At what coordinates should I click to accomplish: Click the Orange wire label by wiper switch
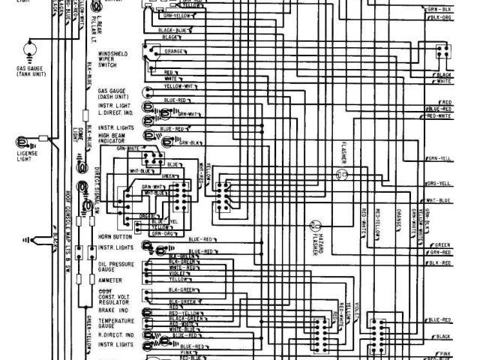[x=174, y=52]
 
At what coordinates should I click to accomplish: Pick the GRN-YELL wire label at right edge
[x=439, y=159]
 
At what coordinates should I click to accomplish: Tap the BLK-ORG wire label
[x=440, y=16]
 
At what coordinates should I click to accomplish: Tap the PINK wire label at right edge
[x=445, y=352]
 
